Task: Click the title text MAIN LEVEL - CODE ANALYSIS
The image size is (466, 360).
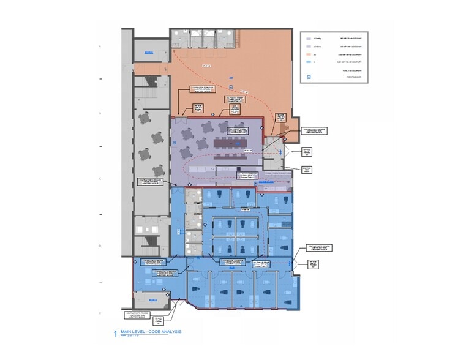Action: (x=151, y=332)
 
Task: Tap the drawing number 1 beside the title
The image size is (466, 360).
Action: (x=113, y=334)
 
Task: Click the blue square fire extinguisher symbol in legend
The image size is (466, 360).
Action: (x=309, y=77)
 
